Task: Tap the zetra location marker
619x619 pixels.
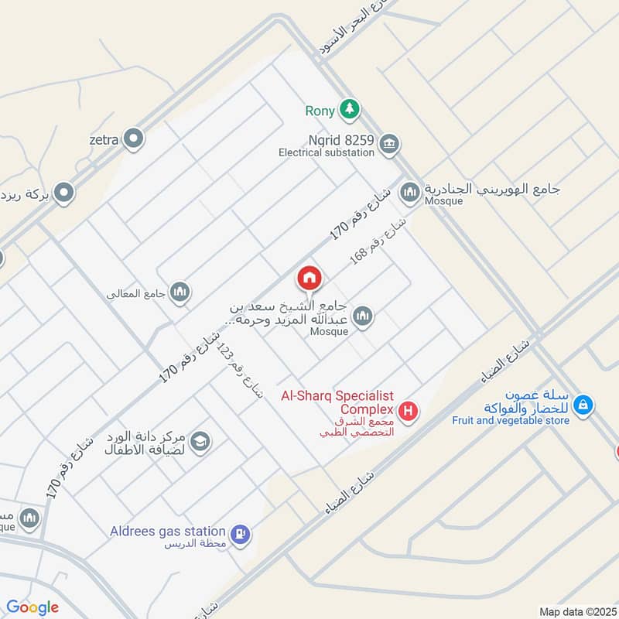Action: pos(135,139)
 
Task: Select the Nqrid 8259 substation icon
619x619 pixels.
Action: pos(389,142)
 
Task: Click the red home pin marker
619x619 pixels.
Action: pos(309,279)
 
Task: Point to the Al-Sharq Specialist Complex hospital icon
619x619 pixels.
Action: pos(408,410)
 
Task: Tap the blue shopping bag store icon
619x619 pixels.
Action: pos(585,404)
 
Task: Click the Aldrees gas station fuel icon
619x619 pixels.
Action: pos(241,532)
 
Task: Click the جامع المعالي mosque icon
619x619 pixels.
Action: pos(180,292)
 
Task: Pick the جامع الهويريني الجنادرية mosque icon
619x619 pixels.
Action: pos(410,191)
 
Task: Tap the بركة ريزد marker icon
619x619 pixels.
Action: pos(64,191)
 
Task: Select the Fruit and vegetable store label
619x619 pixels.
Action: pos(511,421)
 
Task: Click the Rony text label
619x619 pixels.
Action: pos(320,111)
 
